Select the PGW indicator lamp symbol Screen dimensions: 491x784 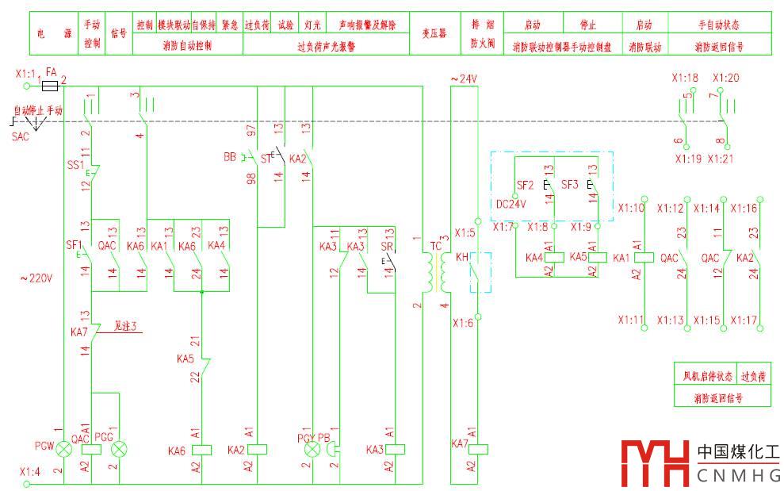63,450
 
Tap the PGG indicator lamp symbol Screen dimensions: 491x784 120,450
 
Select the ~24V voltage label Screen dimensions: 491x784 464,79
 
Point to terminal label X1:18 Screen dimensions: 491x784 685,78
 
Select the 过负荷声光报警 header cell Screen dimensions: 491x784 326,46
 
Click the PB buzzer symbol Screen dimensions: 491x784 331,450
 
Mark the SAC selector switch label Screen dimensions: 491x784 20,136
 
